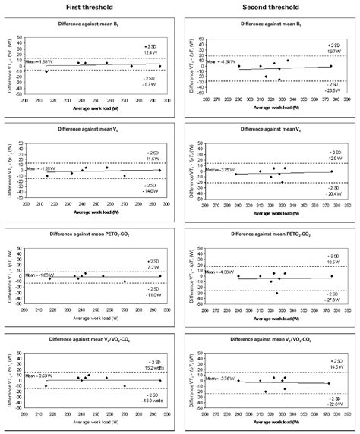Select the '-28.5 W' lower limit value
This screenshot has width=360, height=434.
(333, 90)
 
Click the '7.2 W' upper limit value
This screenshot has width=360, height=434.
(153, 268)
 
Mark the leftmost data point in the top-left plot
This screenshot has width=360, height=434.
(46, 71)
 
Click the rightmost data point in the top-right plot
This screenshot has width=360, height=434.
(330, 66)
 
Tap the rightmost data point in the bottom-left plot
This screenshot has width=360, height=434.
(160, 380)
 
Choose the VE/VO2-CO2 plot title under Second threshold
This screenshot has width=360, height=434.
(270, 344)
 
